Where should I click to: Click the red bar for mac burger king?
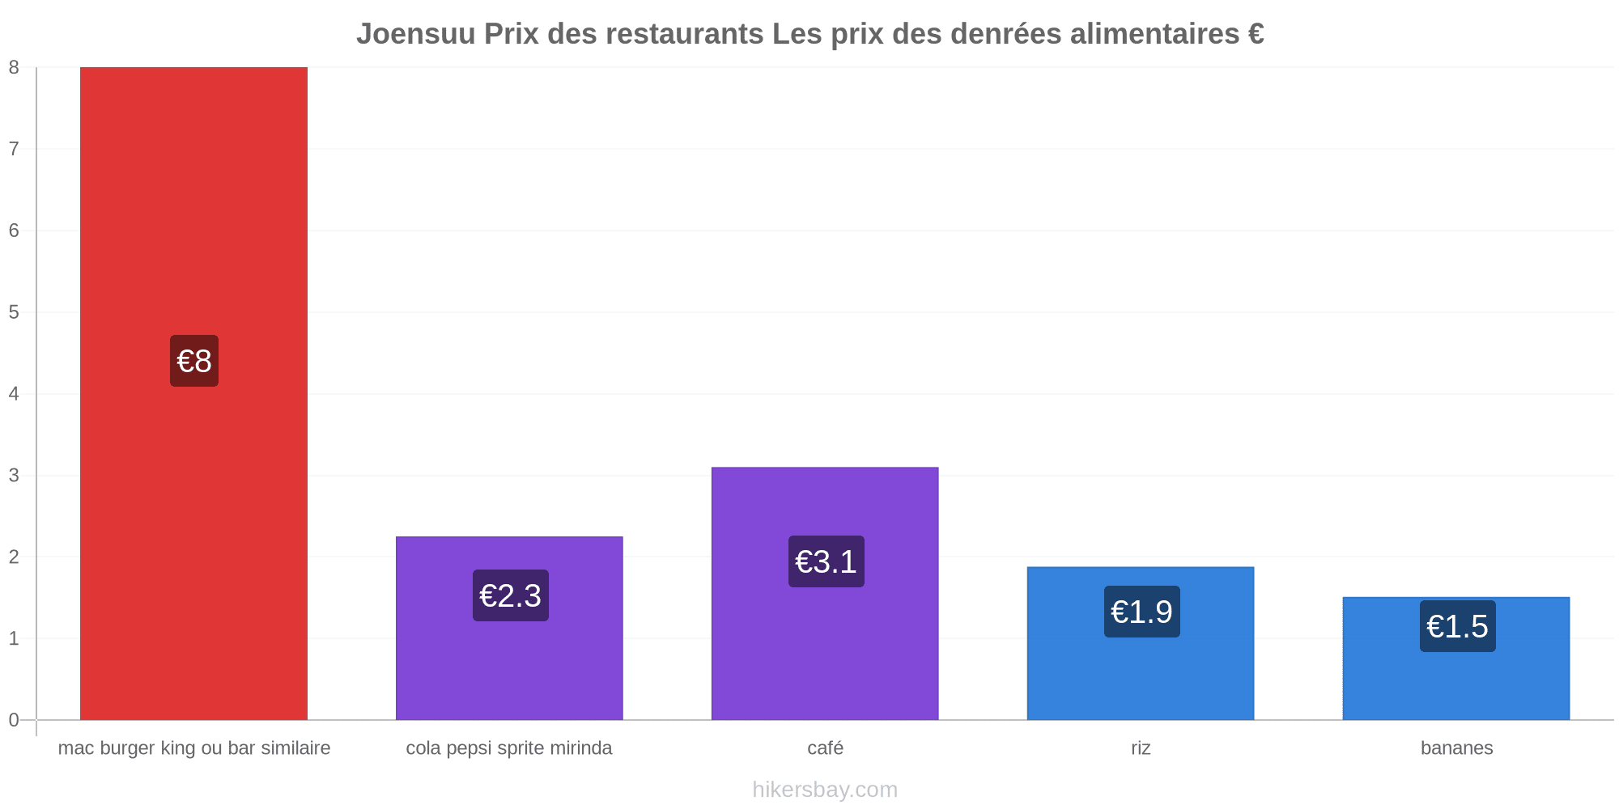[x=193, y=393]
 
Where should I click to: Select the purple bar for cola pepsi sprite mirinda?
[x=509, y=628]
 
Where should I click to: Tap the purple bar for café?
[x=825, y=593]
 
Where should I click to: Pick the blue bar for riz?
[x=1141, y=643]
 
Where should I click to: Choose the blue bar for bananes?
[x=1456, y=659]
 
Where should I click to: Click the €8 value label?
[x=194, y=361]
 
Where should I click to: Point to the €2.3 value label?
[x=511, y=595]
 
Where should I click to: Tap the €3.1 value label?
[x=826, y=561]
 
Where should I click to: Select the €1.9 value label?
[x=1142, y=612]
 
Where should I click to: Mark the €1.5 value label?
[x=1458, y=626]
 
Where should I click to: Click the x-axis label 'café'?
[x=826, y=748]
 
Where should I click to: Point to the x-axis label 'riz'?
[x=1141, y=748]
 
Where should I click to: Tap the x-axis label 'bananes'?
[x=1457, y=748]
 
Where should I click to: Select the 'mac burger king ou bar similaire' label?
[x=194, y=748]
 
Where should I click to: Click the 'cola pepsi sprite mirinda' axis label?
[x=509, y=748]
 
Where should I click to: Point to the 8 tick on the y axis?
[x=14, y=68]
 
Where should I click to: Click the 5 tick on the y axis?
[x=14, y=312]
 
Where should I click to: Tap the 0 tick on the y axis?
[x=14, y=720]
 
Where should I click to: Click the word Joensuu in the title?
[x=416, y=34]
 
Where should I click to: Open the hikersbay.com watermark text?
[x=825, y=790]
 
